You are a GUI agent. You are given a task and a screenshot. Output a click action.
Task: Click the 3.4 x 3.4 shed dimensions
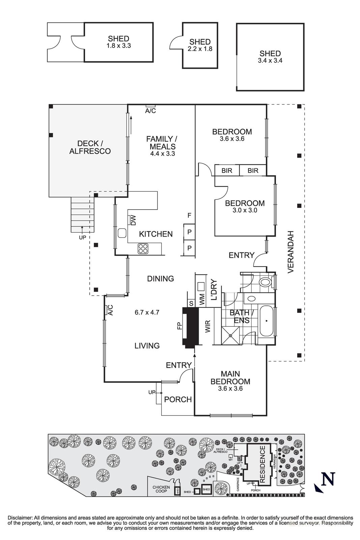(x=270, y=61)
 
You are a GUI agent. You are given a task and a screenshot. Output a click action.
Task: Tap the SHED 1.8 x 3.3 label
(x=118, y=42)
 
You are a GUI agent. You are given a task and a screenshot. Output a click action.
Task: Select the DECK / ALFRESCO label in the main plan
(x=90, y=147)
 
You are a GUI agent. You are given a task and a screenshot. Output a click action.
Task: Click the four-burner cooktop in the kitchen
(x=143, y=248)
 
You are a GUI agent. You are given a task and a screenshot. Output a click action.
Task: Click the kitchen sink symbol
(x=122, y=233)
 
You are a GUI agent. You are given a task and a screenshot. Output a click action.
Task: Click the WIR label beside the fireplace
(x=207, y=326)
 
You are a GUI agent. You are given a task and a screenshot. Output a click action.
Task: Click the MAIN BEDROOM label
(x=230, y=378)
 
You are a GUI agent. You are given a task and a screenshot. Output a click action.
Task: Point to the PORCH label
(x=178, y=400)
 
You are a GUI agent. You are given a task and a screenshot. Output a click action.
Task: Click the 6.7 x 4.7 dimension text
(x=146, y=313)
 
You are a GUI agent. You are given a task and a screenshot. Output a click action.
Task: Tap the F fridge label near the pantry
(x=189, y=215)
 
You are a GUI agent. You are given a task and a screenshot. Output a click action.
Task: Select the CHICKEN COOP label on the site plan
(x=161, y=489)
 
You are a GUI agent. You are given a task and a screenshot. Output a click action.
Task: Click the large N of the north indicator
(x=328, y=479)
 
